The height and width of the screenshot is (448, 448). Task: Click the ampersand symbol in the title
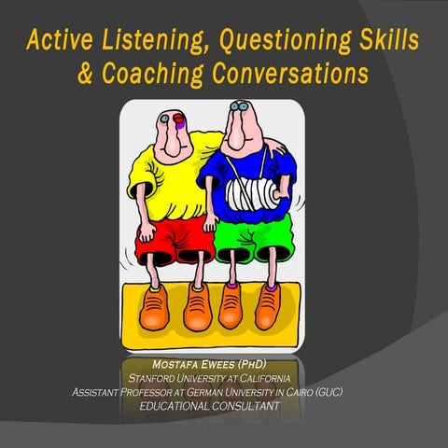click(x=85, y=72)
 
